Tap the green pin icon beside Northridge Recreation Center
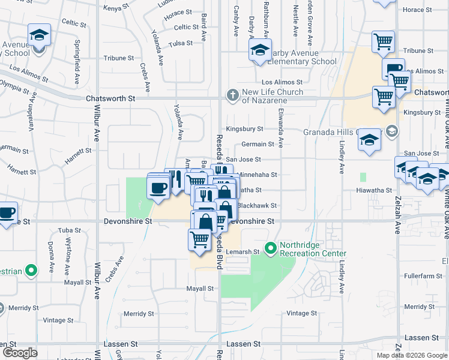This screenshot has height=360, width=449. [271, 247]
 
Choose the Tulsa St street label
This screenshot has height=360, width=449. [181, 43]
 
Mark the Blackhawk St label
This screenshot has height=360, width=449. [257, 205]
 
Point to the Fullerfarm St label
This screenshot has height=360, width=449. [419, 276]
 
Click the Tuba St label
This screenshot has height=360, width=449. [70, 230]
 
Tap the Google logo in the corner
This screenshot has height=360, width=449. [20, 353]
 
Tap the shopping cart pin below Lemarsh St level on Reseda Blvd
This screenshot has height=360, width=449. [200, 239]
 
